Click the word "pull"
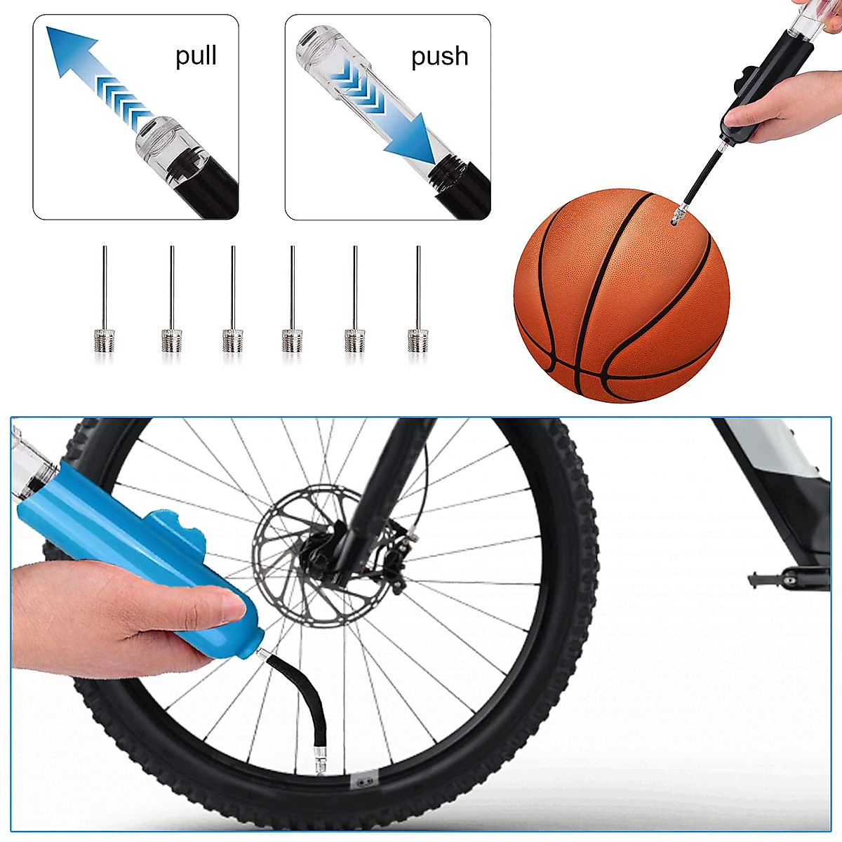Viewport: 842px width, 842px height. click(196, 56)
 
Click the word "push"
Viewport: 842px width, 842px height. click(439, 56)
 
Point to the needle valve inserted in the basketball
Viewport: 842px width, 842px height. click(677, 213)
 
